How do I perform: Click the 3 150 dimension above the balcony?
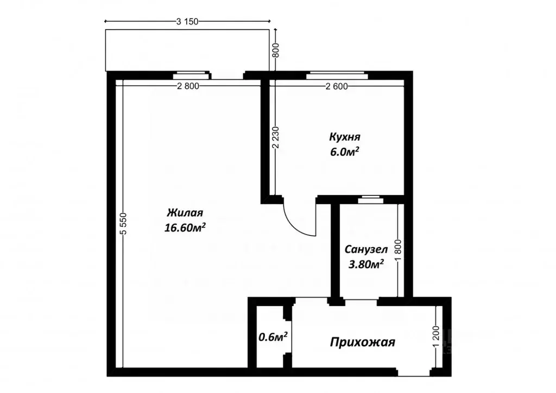[188, 22]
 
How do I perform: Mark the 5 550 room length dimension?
[123, 223]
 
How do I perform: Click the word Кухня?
[344, 137]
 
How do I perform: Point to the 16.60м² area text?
[185, 228]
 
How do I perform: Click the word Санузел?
[365, 250]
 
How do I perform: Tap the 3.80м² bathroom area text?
[365, 264]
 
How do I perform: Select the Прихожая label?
[363, 342]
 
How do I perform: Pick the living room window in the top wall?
[191, 75]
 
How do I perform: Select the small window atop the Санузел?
[371, 199]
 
